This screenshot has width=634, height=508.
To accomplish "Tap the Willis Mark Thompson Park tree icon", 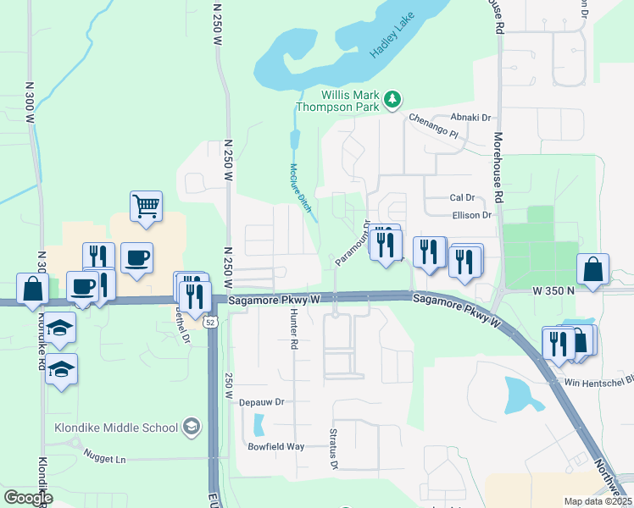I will tap(392, 100).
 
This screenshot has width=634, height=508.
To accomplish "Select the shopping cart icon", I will tap(146, 206).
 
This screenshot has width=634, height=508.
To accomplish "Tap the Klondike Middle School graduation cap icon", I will tap(192, 426).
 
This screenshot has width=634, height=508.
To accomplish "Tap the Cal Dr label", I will tap(461, 197).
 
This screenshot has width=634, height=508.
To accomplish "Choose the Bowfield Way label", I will tap(275, 446).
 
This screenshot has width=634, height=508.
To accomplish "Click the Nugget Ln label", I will tap(104, 458).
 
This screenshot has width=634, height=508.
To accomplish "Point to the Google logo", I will tap(27, 498).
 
